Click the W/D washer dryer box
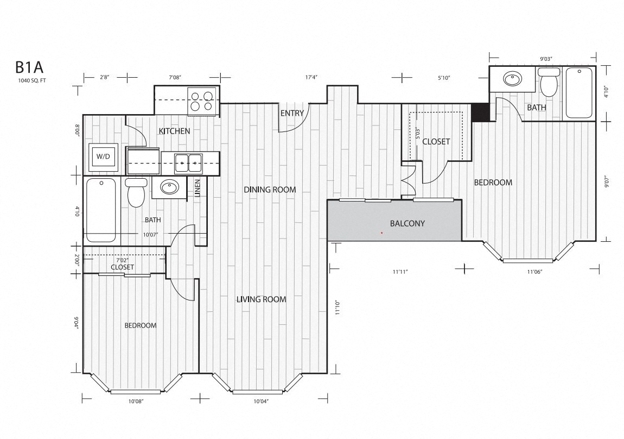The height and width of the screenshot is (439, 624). click(103, 156)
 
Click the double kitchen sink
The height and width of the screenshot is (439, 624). click(189, 162)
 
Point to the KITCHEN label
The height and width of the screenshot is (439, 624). click(174, 131)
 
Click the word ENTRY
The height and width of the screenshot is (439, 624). click(292, 113)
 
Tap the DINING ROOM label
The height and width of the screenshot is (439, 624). click(270, 190)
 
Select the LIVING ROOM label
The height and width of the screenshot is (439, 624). click(261, 299)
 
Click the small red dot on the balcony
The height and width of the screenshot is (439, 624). click(382, 233)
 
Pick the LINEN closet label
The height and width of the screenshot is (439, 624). click(197, 187)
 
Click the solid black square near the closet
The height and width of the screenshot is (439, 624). click(480, 112)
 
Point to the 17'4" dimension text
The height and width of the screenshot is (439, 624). click(311, 78)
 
